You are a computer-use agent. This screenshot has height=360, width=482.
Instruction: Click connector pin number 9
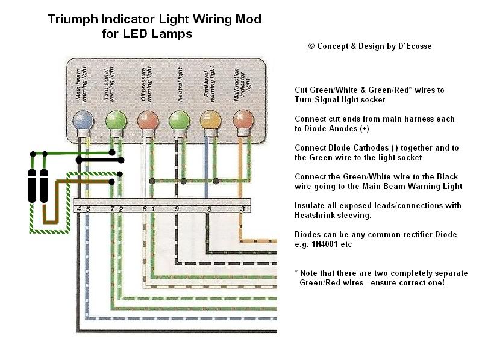pos(177,209)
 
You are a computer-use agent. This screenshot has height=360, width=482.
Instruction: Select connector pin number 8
pos(210,209)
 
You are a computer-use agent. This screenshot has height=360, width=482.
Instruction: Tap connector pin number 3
pos(242,209)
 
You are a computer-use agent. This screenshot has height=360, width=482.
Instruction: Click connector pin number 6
pos(145,209)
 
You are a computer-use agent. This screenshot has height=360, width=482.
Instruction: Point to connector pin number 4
pos(79,209)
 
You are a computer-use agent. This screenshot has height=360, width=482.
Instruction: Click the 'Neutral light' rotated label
pos(179,87)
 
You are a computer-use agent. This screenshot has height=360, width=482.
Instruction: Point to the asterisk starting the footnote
pos(297,272)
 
